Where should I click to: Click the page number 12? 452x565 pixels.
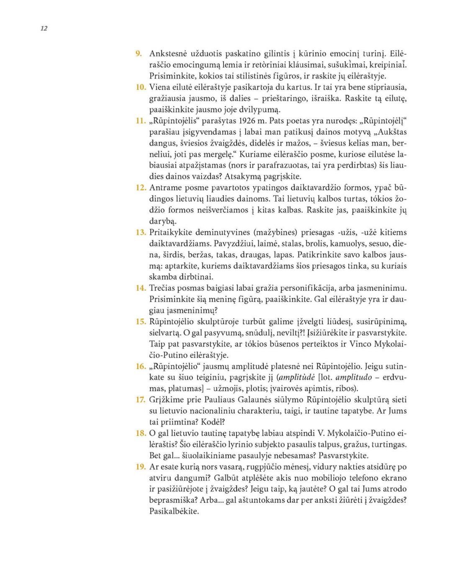tap(44, 28)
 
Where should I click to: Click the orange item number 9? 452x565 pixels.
tap(139, 54)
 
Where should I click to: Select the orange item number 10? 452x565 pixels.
tap(141, 87)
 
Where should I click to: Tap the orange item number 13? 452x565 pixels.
tap(141, 232)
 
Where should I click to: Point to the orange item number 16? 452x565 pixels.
tap(141, 366)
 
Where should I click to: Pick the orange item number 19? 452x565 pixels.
tap(141, 467)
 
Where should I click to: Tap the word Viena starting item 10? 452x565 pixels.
tap(160, 87)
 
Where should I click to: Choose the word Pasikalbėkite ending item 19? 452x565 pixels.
tap(174, 511)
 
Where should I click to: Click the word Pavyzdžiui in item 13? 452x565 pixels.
tap(168, 244)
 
